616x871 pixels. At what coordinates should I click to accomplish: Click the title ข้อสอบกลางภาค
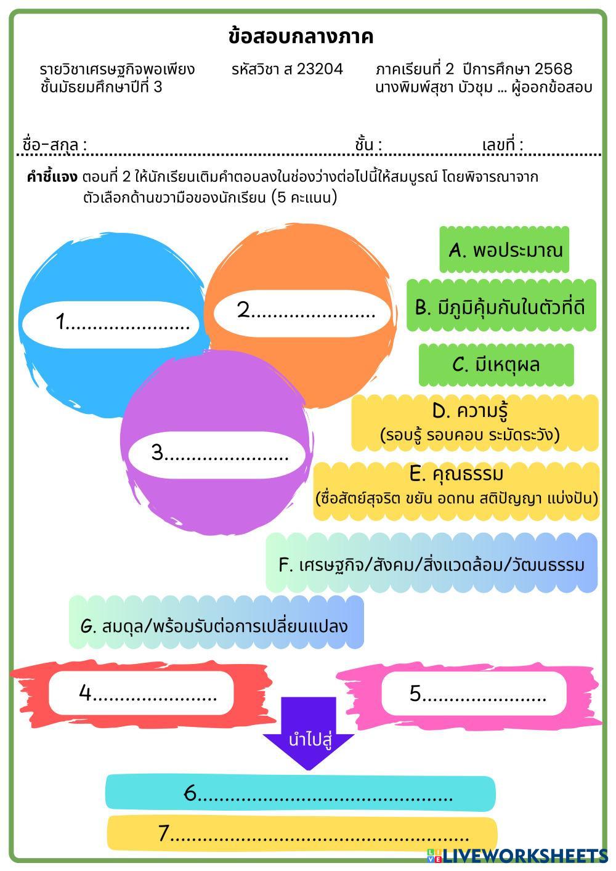[301, 37]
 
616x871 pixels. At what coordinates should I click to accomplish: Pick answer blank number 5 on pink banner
[474, 694]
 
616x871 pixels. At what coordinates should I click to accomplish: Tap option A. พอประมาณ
[505, 250]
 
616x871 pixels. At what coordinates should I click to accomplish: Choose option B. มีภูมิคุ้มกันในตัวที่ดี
[501, 307]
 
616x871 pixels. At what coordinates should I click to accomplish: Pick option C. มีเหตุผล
[496, 365]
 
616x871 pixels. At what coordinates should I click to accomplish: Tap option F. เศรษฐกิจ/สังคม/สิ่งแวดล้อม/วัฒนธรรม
[432, 564]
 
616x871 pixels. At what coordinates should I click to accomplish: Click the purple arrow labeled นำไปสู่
[308, 734]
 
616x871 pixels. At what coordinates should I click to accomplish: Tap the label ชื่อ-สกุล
[54, 145]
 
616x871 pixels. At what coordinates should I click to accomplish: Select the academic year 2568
[553, 69]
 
